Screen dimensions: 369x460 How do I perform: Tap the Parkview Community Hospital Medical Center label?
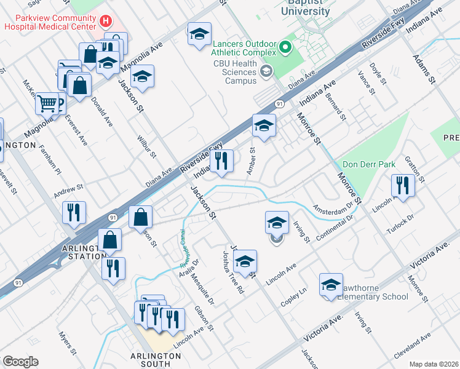(49, 22)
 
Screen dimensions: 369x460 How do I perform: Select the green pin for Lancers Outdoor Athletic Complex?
(284, 47)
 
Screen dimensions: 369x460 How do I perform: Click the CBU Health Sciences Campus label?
(234, 71)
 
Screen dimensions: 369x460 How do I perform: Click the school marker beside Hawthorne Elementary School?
(331, 285)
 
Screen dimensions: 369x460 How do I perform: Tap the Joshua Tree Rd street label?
(234, 272)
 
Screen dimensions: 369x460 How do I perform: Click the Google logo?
(20, 361)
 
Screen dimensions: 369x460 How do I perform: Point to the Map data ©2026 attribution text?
(433, 364)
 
